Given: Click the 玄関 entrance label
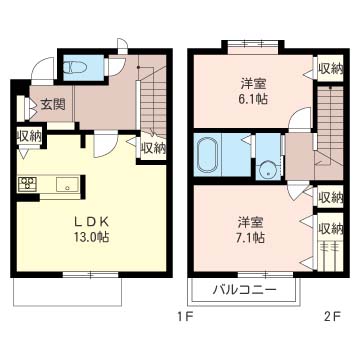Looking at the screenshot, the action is [53, 105].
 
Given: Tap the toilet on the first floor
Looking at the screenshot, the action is [76, 68].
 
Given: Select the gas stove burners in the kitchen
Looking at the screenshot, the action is [28, 184].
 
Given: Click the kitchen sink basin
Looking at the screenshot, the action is [67, 184].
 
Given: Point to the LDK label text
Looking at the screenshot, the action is [91, 221].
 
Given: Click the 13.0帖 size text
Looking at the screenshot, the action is [91, 236].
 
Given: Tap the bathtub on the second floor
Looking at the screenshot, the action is [208, 155].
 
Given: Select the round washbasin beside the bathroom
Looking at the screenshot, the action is [268, 170].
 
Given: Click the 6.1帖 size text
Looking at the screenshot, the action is [253, 98].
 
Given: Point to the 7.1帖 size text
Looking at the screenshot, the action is [250, 237].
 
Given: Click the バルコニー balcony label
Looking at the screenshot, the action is [245, 289].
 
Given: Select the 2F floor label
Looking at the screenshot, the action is [332, 314].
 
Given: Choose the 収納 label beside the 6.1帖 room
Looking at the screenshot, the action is [331, 68].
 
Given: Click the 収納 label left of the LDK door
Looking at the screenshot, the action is [29, 136].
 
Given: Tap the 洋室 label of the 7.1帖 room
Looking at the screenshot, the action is [251, 222].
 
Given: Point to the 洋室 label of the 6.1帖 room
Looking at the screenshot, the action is [253, 83].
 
